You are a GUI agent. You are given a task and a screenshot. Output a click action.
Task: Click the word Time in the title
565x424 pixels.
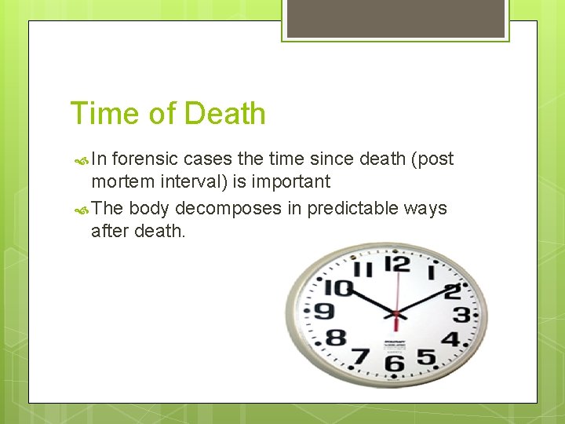click(x=101, y=114)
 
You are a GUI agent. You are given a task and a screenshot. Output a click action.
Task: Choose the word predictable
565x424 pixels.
click(x=353, y=209)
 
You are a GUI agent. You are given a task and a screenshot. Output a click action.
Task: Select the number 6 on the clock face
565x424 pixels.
click(x=393, y=362)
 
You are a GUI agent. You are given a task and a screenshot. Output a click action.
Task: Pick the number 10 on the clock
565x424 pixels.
click(x=338, y=287)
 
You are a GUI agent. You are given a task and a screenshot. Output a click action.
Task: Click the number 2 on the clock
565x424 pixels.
click(x=452, y=291)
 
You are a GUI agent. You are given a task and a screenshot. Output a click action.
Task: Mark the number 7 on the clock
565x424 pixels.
click(x=362, y=356)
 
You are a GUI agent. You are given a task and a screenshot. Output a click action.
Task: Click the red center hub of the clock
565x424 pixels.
click(x=395, y=314)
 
